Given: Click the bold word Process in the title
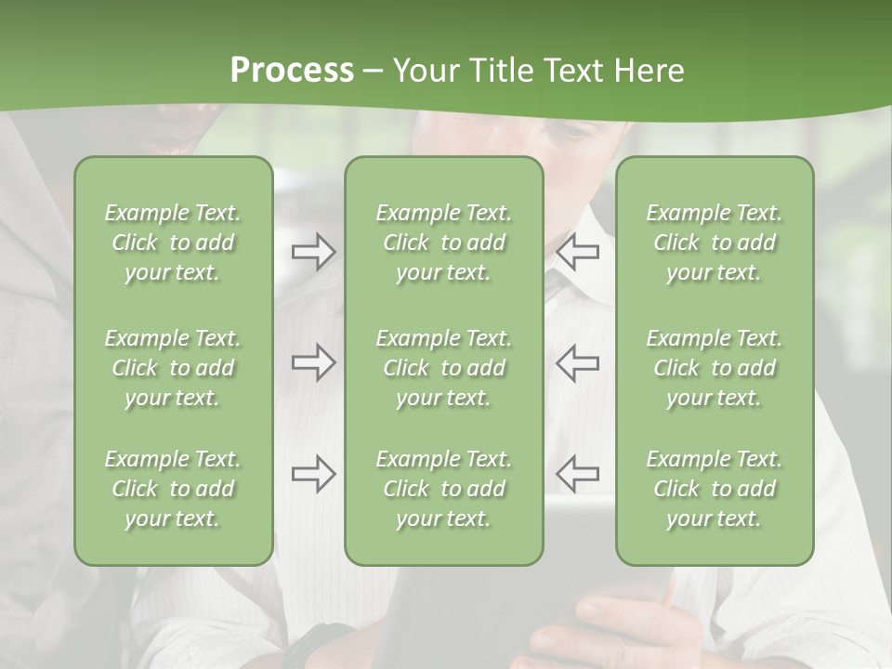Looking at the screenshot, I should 292,71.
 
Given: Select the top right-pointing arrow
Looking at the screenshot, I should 313,252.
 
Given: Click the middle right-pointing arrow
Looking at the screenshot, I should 313,362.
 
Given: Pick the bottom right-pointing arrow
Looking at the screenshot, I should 313,474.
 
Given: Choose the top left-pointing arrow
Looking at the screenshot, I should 578,252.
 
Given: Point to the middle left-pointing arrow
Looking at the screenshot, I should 578,362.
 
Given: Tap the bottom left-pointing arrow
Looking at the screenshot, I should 578,474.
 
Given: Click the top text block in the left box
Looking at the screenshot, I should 173,243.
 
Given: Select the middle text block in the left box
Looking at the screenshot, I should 173,368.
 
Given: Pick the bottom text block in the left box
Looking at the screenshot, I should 173,489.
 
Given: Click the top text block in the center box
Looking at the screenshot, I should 444,243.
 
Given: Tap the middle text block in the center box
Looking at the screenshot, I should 444,368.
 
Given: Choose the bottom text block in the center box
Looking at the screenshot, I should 444,489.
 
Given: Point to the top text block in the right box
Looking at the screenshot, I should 715,243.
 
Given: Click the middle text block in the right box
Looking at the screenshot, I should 715,368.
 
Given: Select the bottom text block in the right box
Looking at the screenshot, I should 715,489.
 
